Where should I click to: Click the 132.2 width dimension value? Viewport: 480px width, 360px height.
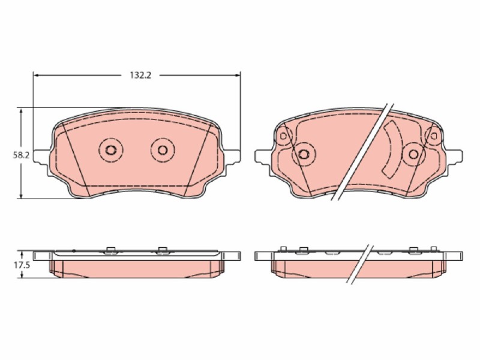pos(140,76)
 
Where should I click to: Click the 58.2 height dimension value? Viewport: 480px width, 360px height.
pos(21,155)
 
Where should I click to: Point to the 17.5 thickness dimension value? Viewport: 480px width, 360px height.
pos(21,265)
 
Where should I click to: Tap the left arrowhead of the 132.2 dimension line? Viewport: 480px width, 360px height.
pos(36,76)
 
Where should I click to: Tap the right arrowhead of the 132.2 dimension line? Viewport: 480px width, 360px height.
pos(237,76)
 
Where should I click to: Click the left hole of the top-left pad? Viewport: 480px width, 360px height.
pos(110,150)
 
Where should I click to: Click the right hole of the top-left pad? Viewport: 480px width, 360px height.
pos(163,150)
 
